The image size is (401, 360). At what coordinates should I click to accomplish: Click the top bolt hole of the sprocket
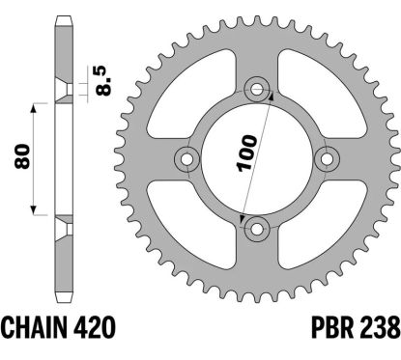[x=257, y=89]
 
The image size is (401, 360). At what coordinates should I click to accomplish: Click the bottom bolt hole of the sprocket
[x=257, y=230]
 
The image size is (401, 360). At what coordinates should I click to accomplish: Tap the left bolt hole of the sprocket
[x=186, y=159]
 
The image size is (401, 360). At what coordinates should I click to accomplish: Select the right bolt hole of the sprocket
[x=327, y=159]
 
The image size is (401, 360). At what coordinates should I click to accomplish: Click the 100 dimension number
[x=246, y=152]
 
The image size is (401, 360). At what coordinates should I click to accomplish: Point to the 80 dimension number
[x=23, y=156]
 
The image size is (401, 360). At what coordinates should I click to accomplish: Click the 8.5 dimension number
[x=104, y=81]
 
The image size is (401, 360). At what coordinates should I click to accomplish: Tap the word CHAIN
[x=35, y=328]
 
